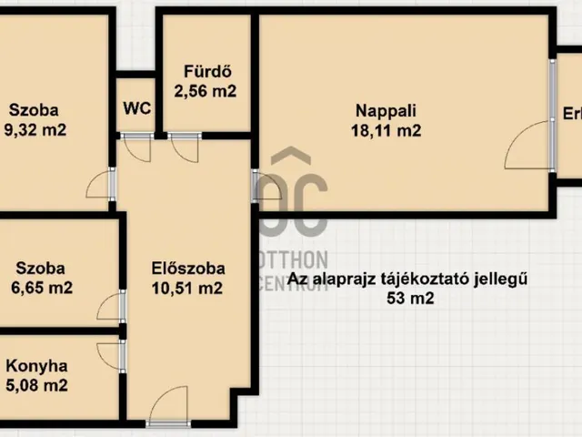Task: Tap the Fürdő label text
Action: click(205, 72)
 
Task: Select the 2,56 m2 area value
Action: click(205, 91)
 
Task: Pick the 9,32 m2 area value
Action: click(35, 130)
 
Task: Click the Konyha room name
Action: click(37, 366)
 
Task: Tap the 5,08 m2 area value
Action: click(37, 385)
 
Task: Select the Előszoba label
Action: click(187, 269)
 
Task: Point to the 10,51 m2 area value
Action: click(187, 289)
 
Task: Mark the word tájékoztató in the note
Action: click(439, 279)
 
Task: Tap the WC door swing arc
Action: click(137, 147)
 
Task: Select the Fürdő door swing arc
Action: click(184, 147)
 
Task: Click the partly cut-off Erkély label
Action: click(572, 114)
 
